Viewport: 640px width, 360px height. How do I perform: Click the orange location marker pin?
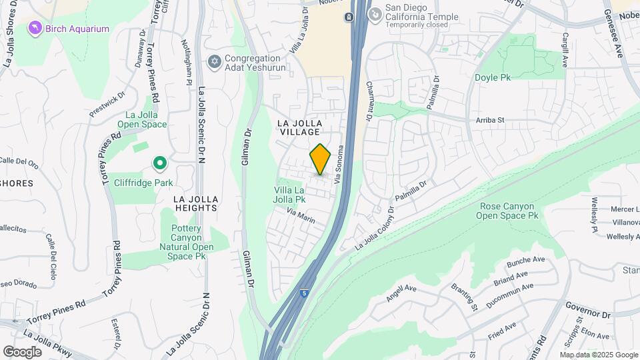[x=321, y=159]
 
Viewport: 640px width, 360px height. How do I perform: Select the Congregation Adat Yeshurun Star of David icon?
[x=214, y=62]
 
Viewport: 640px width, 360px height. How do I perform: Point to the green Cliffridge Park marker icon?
[x=159, y=163]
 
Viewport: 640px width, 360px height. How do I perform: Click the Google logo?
[x=22, y=351]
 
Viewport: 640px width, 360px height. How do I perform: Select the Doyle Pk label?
[x=492, y=78]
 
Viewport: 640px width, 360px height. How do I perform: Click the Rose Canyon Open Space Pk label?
[x=509, y=211]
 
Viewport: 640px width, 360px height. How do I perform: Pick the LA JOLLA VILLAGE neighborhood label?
[x=300, y=127]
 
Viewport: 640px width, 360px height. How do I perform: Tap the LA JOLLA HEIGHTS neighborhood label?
[x=195, y=203]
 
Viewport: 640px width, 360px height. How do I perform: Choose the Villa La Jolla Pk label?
[x=290, y=194]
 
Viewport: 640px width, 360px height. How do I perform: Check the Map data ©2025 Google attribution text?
[x=598, y=354]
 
